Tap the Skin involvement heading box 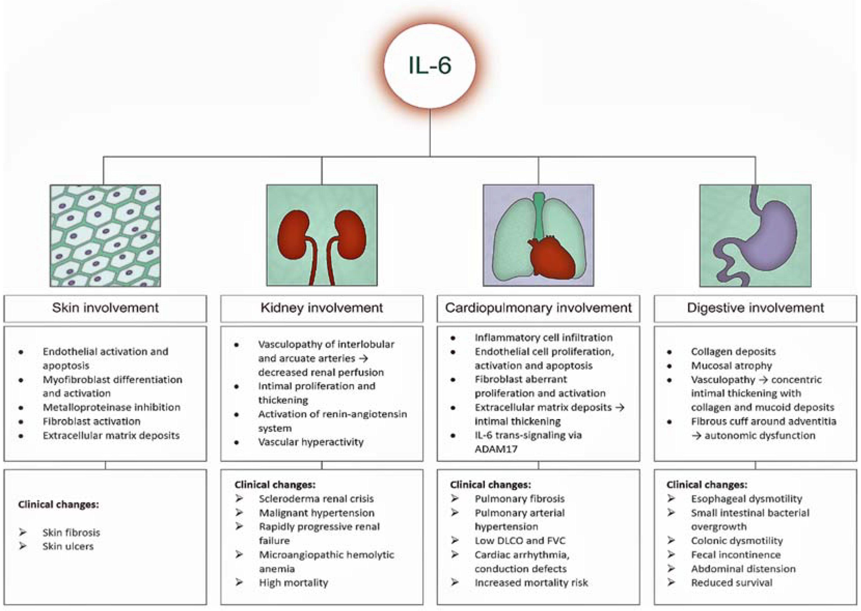click(105, 308)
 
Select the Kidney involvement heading click(322, 308)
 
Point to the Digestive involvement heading click(755, 308)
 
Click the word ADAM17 click(496, 449)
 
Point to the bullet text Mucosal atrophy click(731, 366)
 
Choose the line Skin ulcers click(68, 546)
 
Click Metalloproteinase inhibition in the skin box click(111, 407)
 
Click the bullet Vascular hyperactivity click(311, 442)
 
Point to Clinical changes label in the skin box click(58, 504)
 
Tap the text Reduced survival click(732, 583)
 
